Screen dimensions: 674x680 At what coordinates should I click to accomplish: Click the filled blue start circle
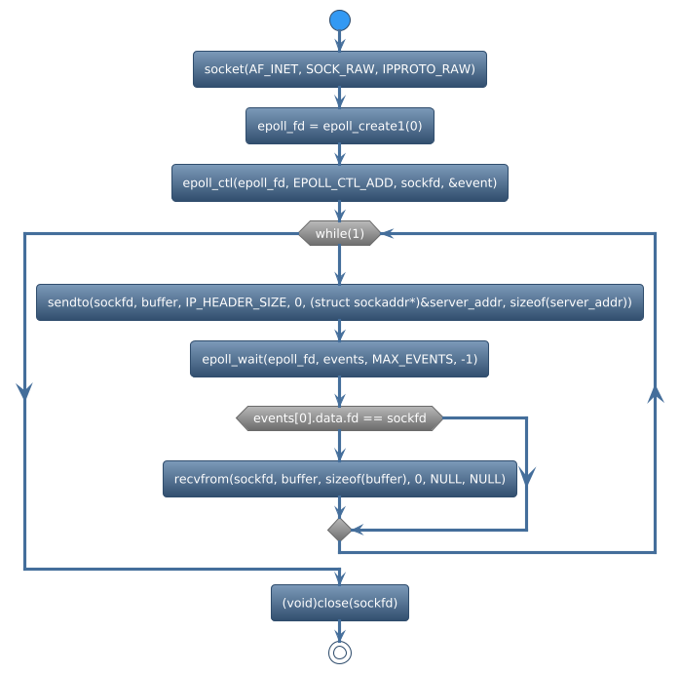(x=339, y=20)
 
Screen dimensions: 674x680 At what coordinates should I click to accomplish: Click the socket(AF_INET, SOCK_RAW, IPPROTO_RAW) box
(x=339, y=69)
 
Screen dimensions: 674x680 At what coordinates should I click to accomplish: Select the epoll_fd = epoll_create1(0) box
(x=339, y=126)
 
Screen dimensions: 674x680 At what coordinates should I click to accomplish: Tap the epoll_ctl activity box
(x=339, y=182)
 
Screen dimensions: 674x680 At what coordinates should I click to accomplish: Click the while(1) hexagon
(x=339, y=233)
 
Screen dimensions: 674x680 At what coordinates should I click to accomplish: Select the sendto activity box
(x=339, y=303)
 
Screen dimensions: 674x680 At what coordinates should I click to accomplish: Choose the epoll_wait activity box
(x=339, y=360)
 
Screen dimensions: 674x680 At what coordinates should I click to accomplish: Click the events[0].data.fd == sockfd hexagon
(x=339, y=417)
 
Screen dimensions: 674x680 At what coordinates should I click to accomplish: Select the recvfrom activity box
(x=339, y=479)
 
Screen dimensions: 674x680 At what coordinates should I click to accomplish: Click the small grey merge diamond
(x=339, y=530)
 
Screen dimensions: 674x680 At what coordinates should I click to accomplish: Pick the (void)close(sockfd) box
(x=339, y=603)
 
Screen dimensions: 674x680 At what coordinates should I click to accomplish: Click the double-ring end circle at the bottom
(x=339, y=653)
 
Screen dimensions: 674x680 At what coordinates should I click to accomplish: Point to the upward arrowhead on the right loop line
(x=656, y=392)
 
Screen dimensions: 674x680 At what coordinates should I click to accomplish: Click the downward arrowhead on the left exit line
(x=23, y=390)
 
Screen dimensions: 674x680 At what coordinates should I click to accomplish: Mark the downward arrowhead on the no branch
(x=527, y=476)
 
